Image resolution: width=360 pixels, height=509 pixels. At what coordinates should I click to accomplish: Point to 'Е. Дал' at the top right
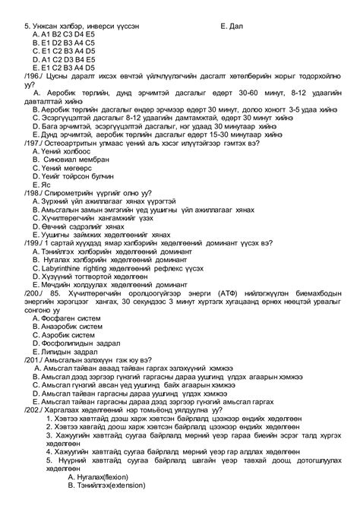[x=229, y=26]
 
